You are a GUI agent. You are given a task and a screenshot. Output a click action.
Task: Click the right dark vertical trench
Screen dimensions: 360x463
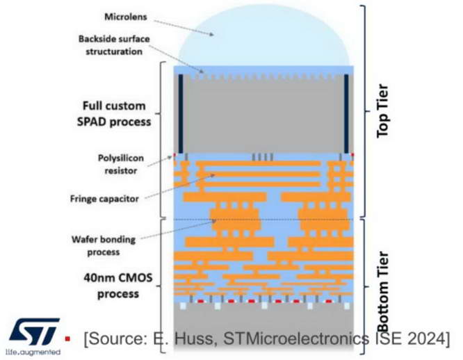pos(346,112)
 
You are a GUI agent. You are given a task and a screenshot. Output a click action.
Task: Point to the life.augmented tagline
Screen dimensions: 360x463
pos(32,353)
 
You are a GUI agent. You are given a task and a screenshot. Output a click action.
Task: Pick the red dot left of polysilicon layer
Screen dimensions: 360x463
pos(176,155)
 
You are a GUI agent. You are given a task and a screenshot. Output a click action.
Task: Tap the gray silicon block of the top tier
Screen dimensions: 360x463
pos(264,111)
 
